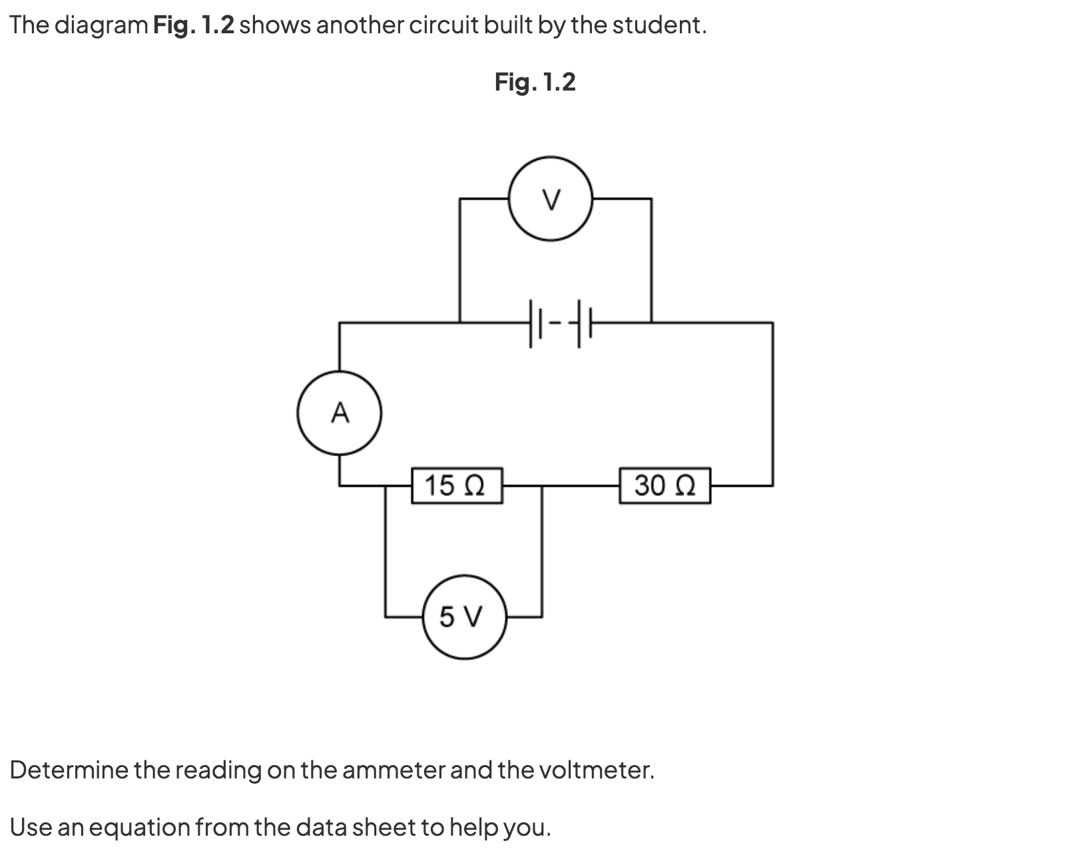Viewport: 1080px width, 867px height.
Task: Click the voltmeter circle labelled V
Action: [x=551, y=198]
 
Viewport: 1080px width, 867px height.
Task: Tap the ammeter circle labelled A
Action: [x=340, y=413]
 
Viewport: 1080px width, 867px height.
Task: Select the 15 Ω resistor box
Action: [x=456, y=485]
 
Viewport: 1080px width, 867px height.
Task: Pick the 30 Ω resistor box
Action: [x=665, y=485]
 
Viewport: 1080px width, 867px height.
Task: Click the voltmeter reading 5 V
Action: [x=463, y=617]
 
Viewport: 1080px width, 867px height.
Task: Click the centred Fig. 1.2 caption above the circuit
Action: [x=535, y=82]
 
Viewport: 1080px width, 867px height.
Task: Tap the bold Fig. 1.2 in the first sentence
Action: [x=193, y=25]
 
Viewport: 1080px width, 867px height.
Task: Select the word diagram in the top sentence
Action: [x=101, y=25]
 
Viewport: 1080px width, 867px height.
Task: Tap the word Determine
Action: [x=69, y=770]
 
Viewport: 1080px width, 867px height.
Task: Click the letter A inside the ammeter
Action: [x=340, y=413]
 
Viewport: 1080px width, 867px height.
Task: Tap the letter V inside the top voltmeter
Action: [x=551, y=198]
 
